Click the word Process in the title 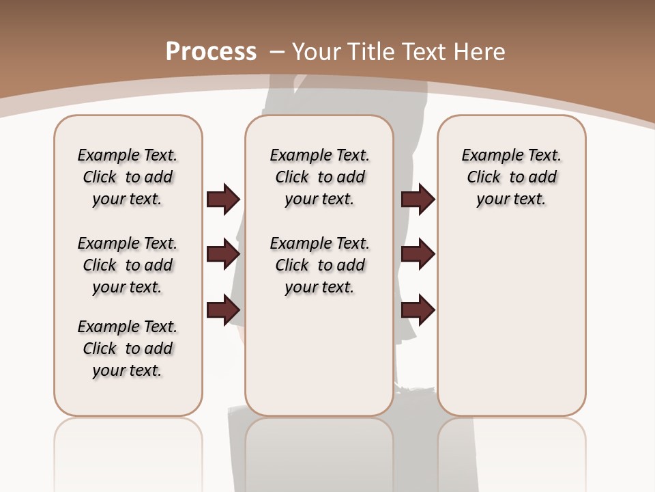[x=211, y=52]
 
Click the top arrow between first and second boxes [x=223, y=199]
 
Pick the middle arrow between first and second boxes [x=223, y=254]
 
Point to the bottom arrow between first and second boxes [x=223, y=310]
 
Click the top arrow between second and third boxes [x=418, y=199]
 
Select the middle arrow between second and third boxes [x=418, y=254]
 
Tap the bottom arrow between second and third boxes [x=418, y=310]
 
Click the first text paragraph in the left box [x=128, y=177]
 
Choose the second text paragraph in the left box [x=128, y=265]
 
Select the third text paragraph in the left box [x=128, y=348]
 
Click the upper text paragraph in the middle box [x=319, y=177]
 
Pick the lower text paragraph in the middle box [x=319, y=265]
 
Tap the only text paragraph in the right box [x=511, y=177]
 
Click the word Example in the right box [x=490, y=156]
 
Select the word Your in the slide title [x=318, y=52]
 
